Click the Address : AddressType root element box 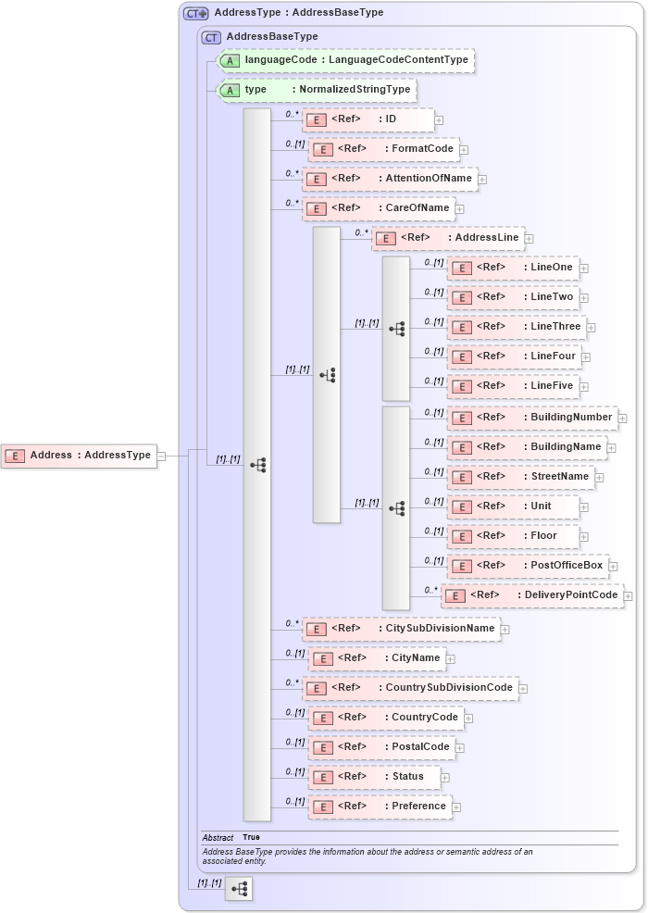point(79,456)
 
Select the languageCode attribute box point(344,60)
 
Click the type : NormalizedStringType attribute point(316,90)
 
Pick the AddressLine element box point(448,238)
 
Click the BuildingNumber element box point(531,418)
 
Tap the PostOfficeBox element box point(527,566)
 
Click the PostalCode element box point(381,747)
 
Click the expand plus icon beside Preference point(456,807)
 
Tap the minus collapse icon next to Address point(161,456)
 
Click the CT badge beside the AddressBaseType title point(212,37)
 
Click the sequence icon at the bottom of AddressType point(239,889)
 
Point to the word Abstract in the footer point(218,837)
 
